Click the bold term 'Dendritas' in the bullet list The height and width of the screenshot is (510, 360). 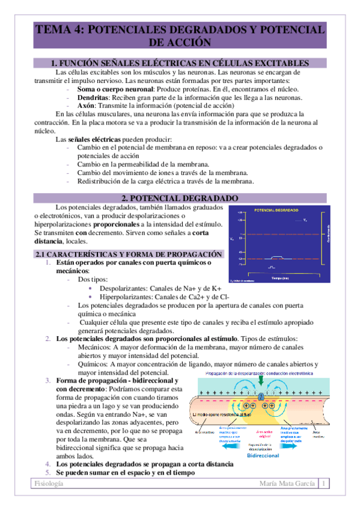click(x=92, y=98)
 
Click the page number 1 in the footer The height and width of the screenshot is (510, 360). click(x=325, y=484)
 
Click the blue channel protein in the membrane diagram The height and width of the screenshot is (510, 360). click(x=261, y=397)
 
